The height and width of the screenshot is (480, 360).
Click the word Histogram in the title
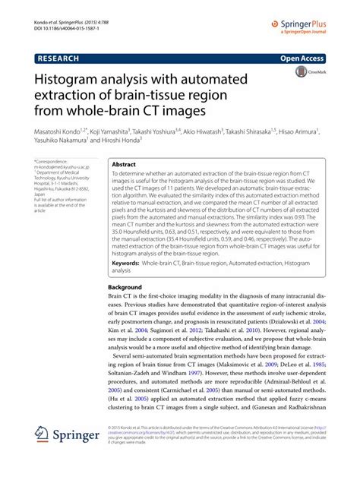[x=73, y=80]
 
